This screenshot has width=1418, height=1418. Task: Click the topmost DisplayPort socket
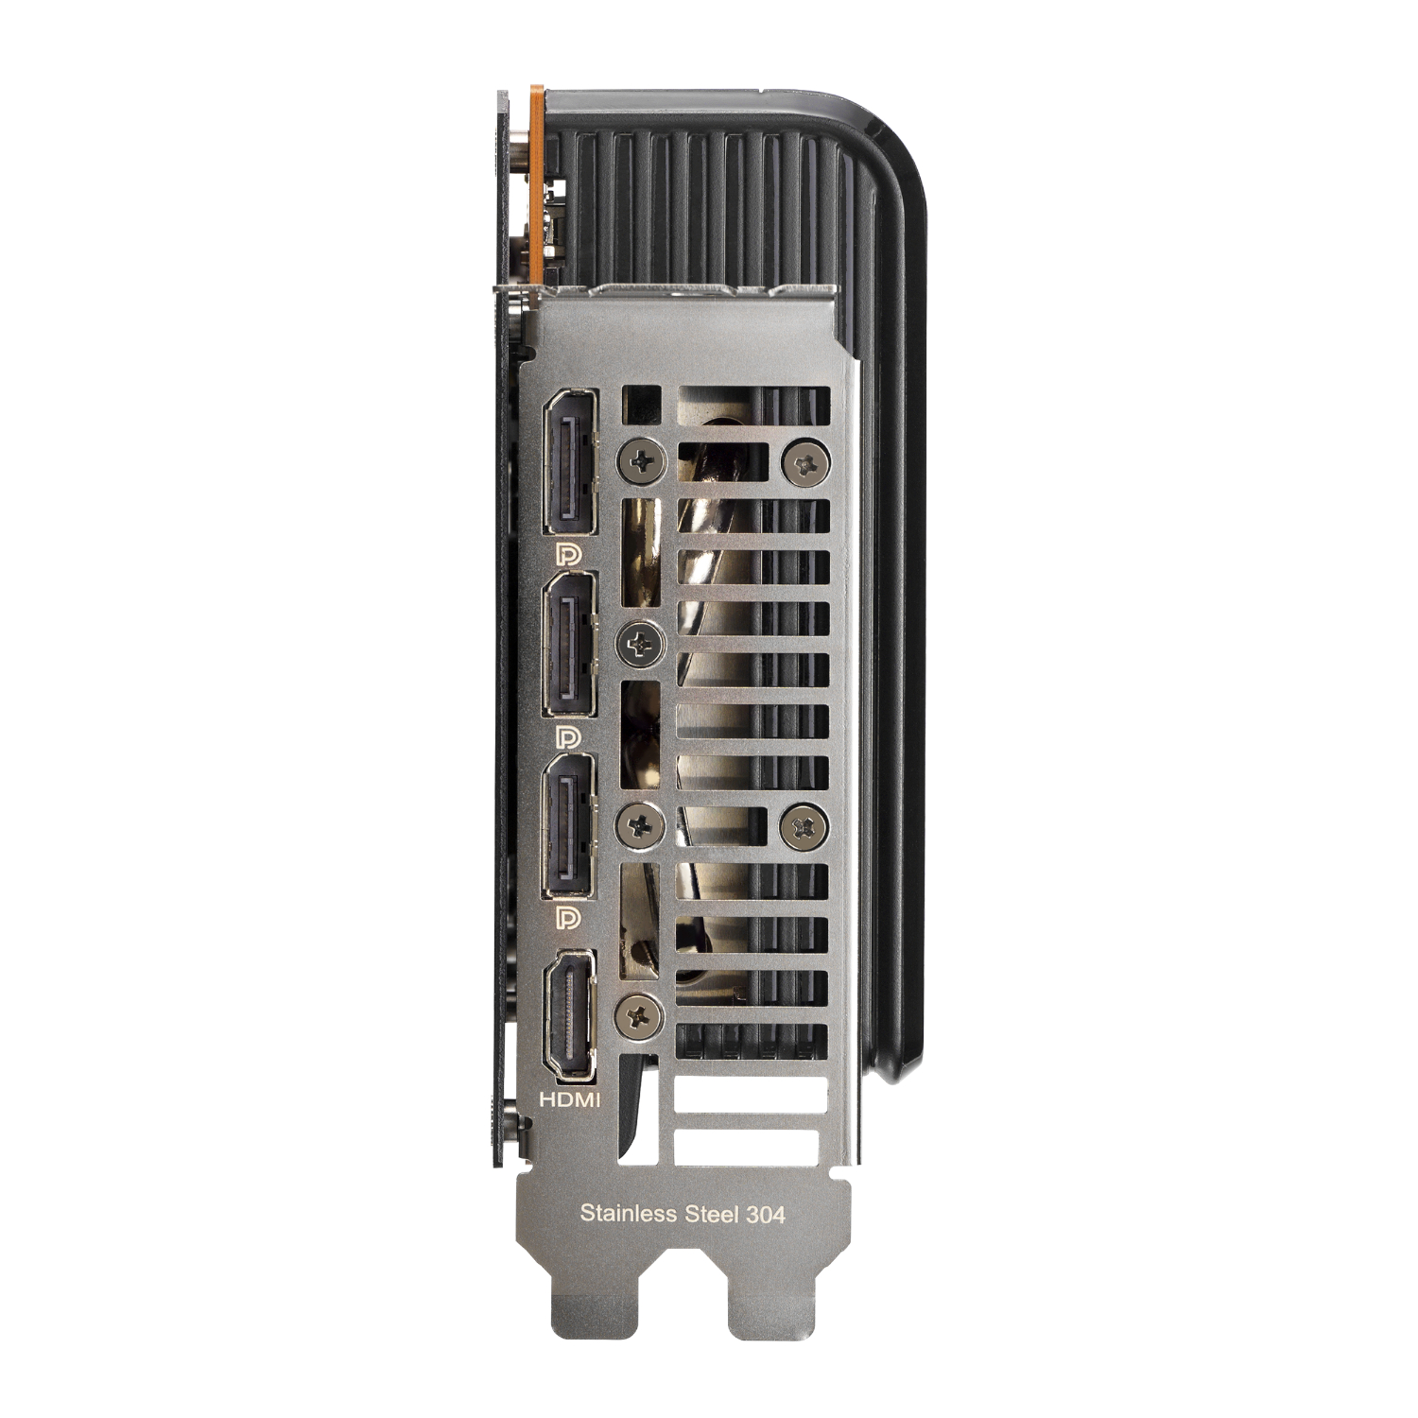pos(570,460)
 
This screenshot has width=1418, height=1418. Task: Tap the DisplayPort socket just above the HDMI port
pos(570,826)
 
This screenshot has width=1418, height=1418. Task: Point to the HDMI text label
pos(569,1099)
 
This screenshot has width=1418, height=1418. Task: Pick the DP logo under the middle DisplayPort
pos(569,735)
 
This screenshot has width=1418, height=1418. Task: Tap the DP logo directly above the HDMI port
pos(569,917)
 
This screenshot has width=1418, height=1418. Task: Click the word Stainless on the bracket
pos(628,1213)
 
